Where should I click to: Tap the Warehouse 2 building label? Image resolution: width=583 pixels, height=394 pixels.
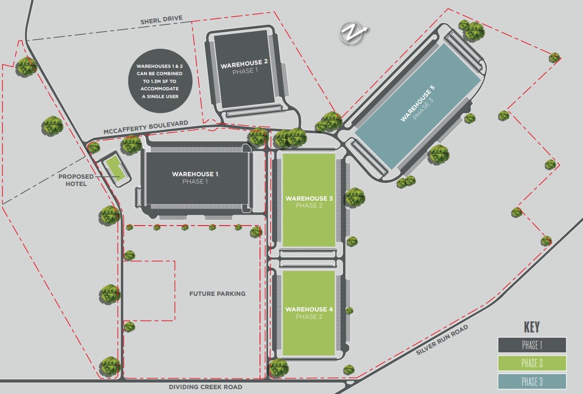pyautogui.click(x=244, y=63)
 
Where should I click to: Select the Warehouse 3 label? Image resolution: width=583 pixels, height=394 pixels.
pyautogui.click(x=309, y=199)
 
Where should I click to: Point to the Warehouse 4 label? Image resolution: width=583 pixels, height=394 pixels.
pyautogui.click(x=309, y=310)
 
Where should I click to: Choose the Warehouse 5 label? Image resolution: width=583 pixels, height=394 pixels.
pyautogui.click(x=417, y=104)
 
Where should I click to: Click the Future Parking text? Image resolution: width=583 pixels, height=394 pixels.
pyautogui.click(x=217, y=294)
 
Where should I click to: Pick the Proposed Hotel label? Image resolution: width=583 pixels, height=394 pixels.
pyautogui.click(x=73, y=180)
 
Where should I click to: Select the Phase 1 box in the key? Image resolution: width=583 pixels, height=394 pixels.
pyautogui.click(x=532, y=345)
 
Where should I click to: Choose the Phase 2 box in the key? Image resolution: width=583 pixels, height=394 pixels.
pyautogui.click(x=532, y=363)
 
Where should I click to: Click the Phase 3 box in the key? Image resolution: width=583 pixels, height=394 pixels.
pyautogui.click(x=532, y=381)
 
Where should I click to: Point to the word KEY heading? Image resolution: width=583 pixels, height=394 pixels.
pyautogui.click(x=532, y=327)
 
